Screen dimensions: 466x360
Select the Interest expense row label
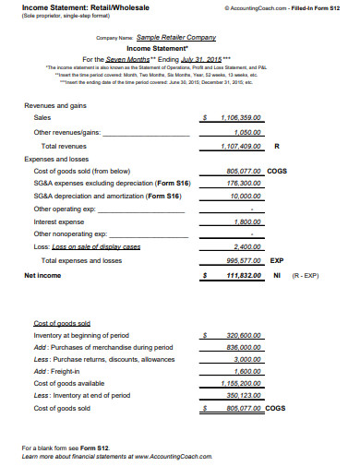click(58, 222)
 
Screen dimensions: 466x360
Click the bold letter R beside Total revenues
click(278, 172)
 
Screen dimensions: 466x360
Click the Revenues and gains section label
click(55, 131)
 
